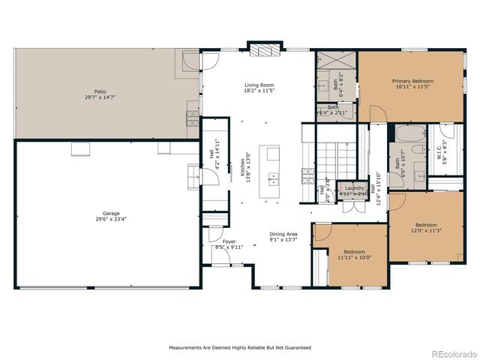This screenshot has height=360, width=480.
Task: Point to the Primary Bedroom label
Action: (x=412, y=80)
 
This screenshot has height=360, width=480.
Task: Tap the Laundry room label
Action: (x=355, y=187)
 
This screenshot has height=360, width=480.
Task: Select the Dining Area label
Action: (x=284, y=234)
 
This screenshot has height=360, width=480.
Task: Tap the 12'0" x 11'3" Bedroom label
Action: (x=426, y=224)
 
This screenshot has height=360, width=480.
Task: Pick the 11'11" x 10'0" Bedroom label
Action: (x=354, y=251)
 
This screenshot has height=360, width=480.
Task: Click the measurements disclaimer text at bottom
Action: (x=240, y=348)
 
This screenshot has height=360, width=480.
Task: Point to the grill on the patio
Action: (x=193, y=118)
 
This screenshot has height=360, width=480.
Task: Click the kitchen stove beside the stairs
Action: (x=307, y=175)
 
